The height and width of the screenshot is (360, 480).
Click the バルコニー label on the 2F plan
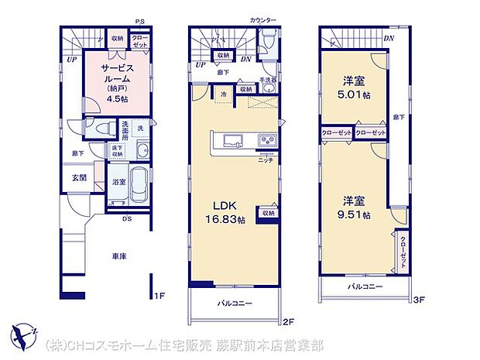coord(234,303)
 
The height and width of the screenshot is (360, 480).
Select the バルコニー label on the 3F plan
coord(365,286)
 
